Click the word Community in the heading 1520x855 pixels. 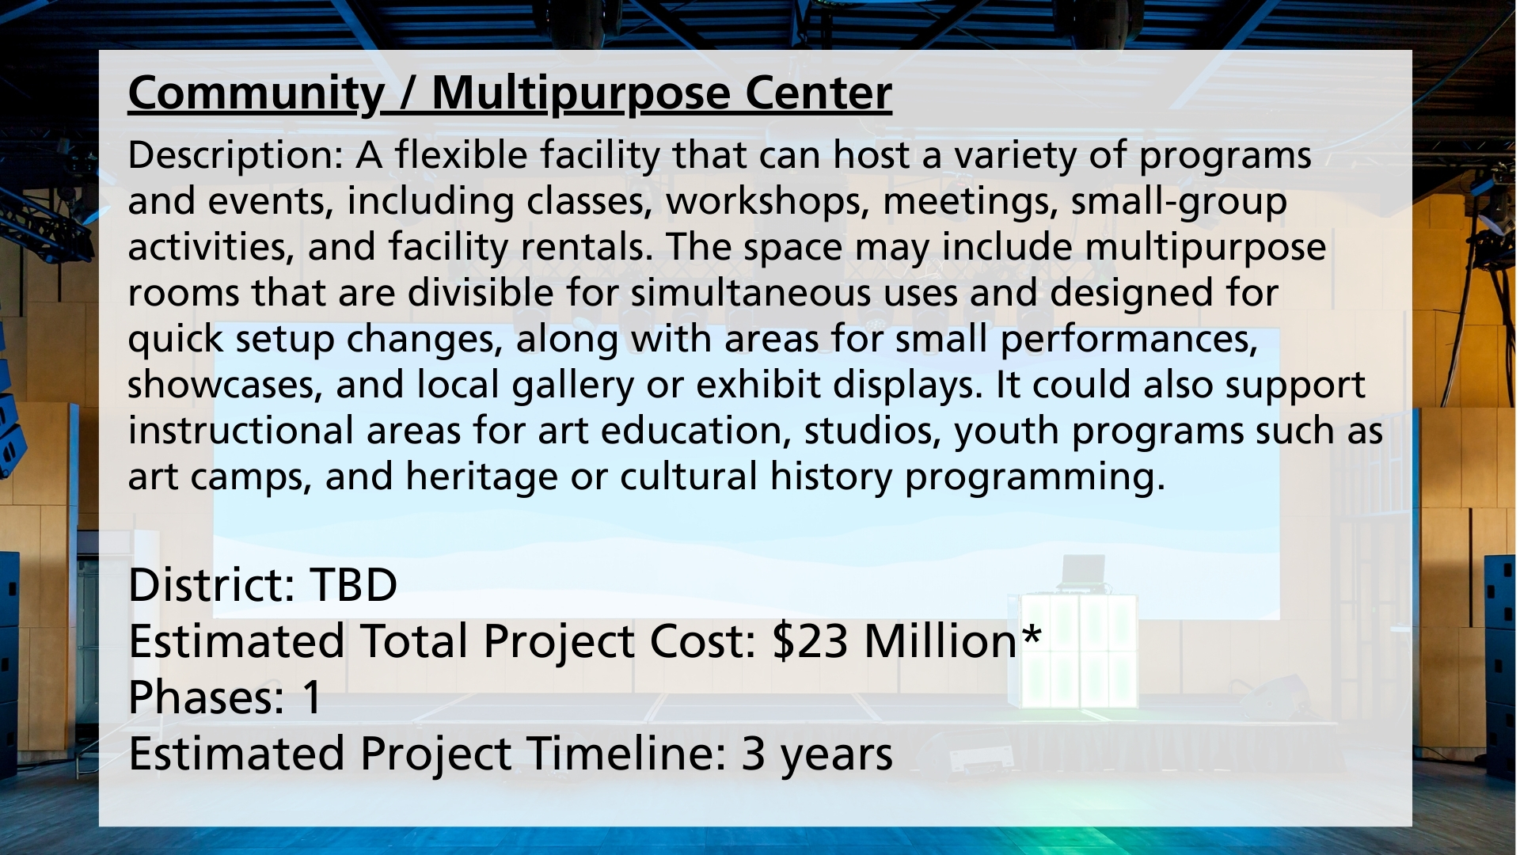256,93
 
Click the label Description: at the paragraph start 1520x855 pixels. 235,155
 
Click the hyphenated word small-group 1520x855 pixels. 1179,201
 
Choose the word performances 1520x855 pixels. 1129,339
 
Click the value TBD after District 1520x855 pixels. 353,585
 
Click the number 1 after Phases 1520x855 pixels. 311,697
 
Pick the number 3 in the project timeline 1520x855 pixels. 753,754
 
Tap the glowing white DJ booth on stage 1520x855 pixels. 1077,651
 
